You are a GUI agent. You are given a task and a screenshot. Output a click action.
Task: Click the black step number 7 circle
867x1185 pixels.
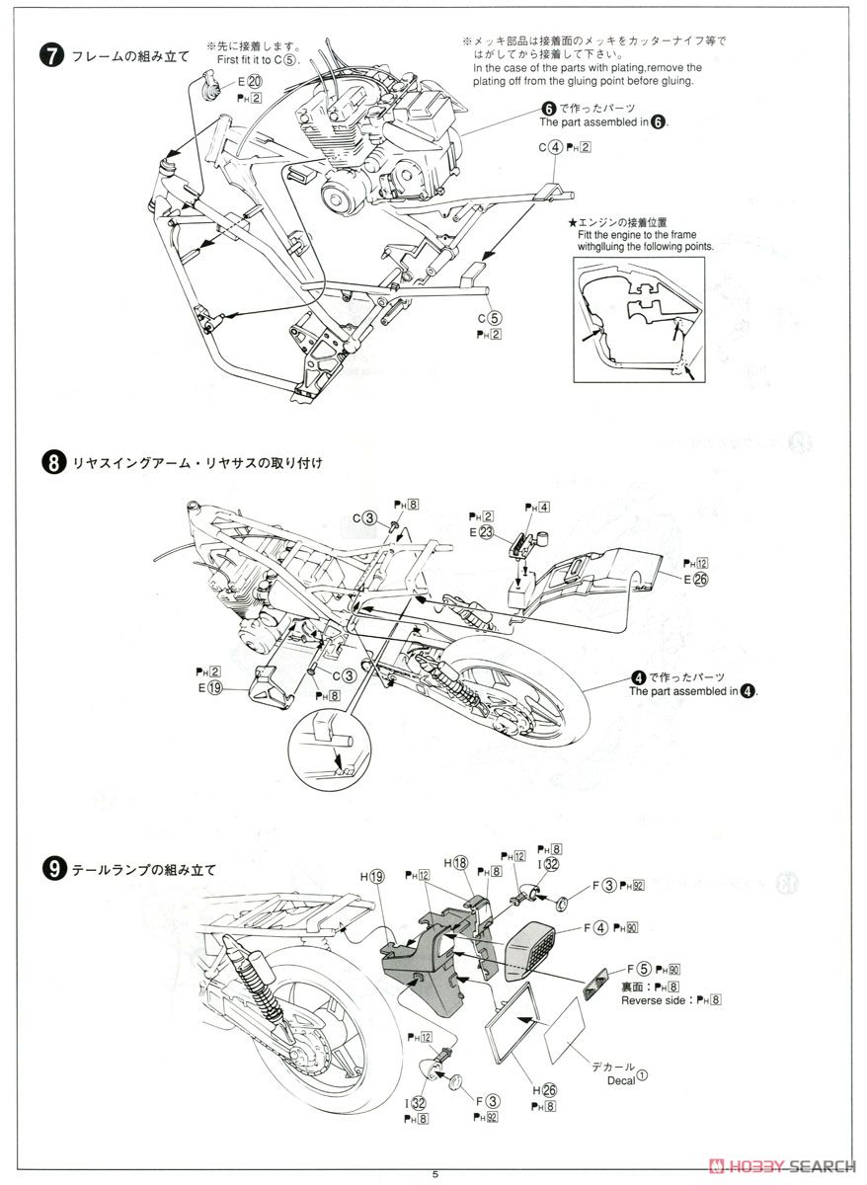tap(50, 56)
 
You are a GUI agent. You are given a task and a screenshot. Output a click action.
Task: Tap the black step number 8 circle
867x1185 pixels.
tap(50, 462)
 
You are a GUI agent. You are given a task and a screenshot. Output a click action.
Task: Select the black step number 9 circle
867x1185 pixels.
tap(50, 869)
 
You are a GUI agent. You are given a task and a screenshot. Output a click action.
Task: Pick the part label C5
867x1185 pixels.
tap(490, 318)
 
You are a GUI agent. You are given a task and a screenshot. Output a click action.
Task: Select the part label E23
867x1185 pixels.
tap(481, 532)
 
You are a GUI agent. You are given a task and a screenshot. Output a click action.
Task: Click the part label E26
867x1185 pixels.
tap(693, 579)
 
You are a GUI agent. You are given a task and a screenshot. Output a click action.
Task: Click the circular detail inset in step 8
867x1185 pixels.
tap(326, 741)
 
